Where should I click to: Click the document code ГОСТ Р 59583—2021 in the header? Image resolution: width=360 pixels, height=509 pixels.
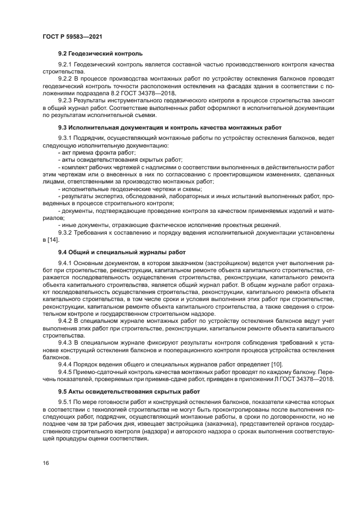point(72,36)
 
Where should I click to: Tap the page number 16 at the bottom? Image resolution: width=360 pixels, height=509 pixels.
point(46,463)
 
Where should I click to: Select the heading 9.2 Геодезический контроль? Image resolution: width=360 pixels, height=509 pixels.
point(100,54)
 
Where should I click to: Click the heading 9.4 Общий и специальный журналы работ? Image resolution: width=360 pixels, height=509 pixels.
point(122,253)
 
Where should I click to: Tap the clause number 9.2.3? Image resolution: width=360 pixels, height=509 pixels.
point(65,101)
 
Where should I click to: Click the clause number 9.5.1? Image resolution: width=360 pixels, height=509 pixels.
point(65,402)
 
